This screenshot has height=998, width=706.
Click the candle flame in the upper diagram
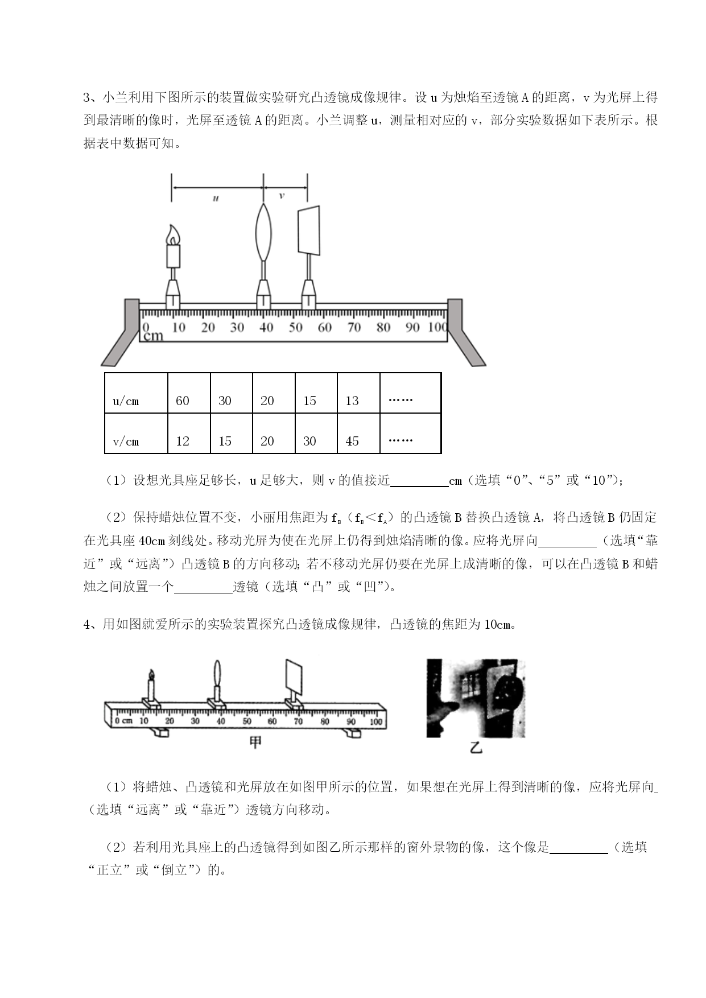(x=173, y=234)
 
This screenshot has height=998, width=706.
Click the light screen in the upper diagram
(x=309, y=230)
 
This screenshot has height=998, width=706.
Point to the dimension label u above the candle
(x=216, y=198)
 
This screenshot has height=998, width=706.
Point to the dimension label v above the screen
(x=282, y=196)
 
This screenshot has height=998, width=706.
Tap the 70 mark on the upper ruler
(x=354, y=327)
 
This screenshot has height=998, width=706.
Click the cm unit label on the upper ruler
(x=153, y=336)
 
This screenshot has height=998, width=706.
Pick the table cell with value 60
(x=189, y=393)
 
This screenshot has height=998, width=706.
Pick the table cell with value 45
(x=358, y=433)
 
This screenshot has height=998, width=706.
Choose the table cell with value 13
(x=358, y=393)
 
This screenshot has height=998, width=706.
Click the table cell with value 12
(x=189, y=433)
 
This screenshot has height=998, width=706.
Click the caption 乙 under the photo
(x=476, y=747)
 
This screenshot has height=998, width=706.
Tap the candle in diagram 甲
(x=151, y=686)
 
